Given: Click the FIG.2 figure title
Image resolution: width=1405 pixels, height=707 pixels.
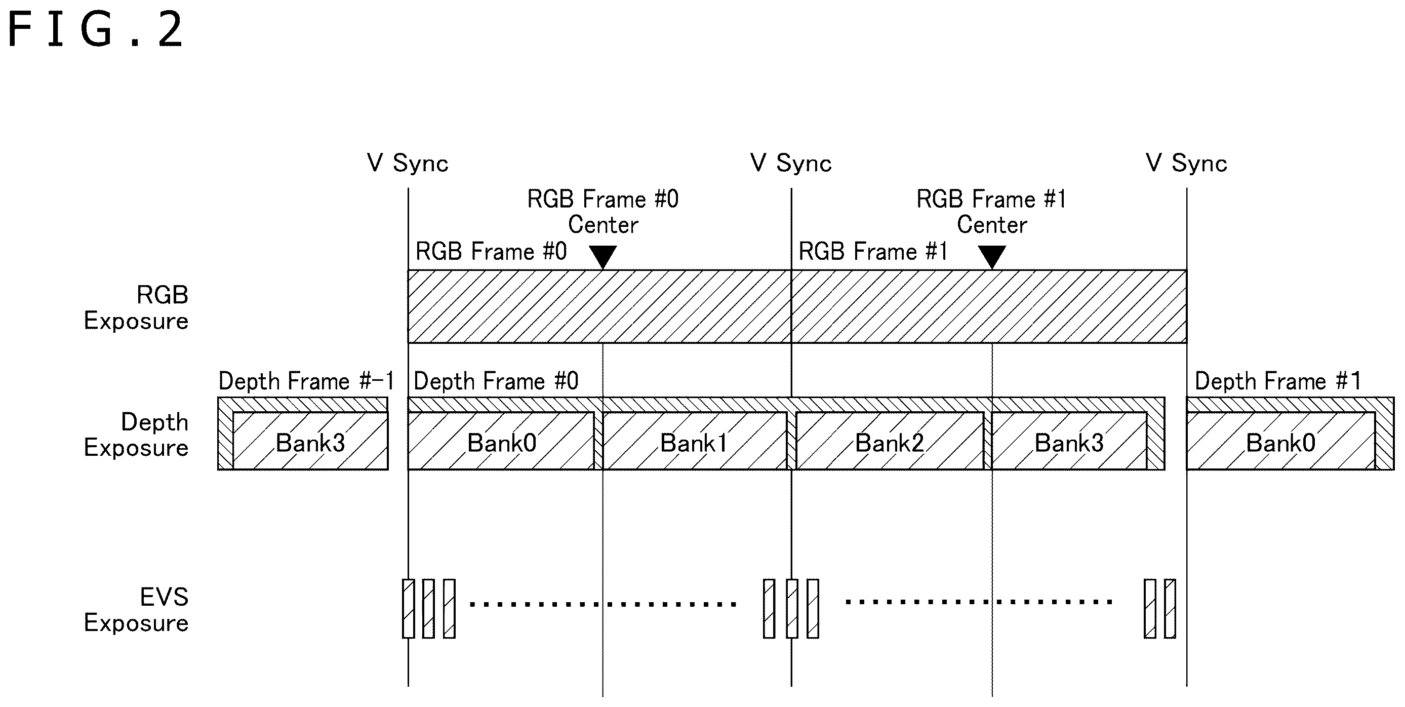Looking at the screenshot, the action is (x=96, y=30).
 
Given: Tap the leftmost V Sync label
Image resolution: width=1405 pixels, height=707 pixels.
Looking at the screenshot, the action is (x=408, y=163).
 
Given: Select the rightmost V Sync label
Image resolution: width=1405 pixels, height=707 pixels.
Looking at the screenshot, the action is (x=1186, y=163).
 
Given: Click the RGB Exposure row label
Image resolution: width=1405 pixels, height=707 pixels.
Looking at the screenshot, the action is (x=136, y=308).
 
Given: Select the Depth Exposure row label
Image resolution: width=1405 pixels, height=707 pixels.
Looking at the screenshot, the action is (x=136, y=435).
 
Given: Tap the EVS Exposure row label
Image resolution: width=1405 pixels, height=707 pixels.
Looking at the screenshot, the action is (x=136, y=610).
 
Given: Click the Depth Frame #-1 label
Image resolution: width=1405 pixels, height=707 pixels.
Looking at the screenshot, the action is (x=306, y=381).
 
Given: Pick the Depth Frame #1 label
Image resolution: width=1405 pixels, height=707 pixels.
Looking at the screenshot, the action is (x=1278, y=381).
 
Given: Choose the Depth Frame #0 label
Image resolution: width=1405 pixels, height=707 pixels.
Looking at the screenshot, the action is (x=496, y=381).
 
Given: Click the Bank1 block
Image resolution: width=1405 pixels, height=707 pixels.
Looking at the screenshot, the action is (x=694, y=441).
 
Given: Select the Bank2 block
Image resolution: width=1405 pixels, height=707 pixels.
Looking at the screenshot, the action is (x=890, y=441).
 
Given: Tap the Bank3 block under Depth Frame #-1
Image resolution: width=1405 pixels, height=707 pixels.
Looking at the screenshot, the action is (x=310, y=441).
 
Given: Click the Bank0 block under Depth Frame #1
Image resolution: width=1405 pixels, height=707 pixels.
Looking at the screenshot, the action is (x=1280, y=441).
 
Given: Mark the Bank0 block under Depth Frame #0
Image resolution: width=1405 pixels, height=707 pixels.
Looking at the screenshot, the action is (x=501, y=441).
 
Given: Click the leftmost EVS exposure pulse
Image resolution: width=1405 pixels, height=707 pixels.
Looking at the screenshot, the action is (x=408, y=608).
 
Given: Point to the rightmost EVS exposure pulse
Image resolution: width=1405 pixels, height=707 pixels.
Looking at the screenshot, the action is (x=1170, y=608).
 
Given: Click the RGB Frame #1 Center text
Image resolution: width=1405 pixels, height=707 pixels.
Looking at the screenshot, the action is (x=991, y=212).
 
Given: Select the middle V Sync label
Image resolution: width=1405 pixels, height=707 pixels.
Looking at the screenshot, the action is (x=791, y=163).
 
